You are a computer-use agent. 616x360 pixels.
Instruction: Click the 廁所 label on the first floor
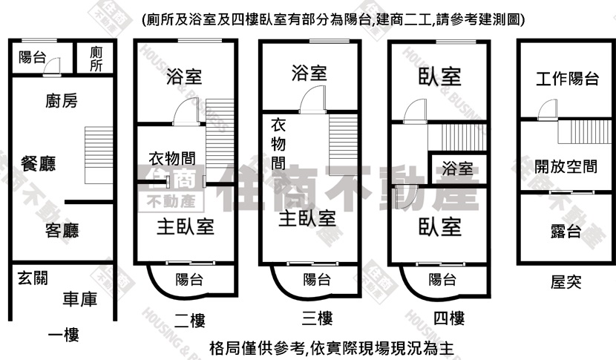(x=96, y=59)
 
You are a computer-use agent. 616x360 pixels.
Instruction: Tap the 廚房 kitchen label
(x=62, y=101)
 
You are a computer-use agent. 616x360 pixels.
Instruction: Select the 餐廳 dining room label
(x=38, y=163)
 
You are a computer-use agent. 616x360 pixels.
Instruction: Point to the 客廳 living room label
(x=62, y=230)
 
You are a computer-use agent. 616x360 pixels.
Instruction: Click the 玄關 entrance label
(x=33, y=278)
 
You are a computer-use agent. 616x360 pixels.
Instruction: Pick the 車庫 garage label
(x=79, y=299)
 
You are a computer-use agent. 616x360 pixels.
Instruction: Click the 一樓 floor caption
(x=64, y=336)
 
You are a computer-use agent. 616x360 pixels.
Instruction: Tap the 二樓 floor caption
(x=190, y=321)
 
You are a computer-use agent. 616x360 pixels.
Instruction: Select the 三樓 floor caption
(x=318, y=318)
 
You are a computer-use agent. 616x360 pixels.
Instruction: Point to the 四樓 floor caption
(x=449, y=318)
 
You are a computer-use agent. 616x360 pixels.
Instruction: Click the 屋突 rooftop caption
(x=566, y=282)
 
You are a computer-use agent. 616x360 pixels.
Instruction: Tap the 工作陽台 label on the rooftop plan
(x=567, y=79)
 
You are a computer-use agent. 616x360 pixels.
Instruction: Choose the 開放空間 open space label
(x=566, y=166)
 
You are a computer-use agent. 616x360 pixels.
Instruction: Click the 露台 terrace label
(x=566, y=231)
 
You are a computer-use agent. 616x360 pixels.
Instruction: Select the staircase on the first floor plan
(x=99, y=155)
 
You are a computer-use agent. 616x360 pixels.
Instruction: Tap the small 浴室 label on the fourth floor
(x=457, y=168)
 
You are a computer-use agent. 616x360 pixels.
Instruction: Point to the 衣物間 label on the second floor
(x=172, y=158)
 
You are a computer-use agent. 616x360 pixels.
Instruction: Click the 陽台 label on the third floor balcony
(x=317, y=279)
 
